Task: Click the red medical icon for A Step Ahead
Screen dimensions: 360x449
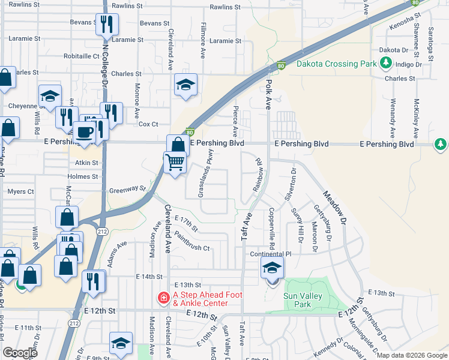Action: (163, 298)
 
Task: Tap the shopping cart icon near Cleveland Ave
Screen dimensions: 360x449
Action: (175, 162)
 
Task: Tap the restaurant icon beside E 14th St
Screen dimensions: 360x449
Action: (93, 281)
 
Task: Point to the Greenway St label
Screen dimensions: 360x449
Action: (127, 190)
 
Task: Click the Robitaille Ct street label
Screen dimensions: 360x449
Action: (81, 56)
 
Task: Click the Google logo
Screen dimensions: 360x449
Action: (20, 353)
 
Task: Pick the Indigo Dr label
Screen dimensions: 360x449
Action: (409, 64)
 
